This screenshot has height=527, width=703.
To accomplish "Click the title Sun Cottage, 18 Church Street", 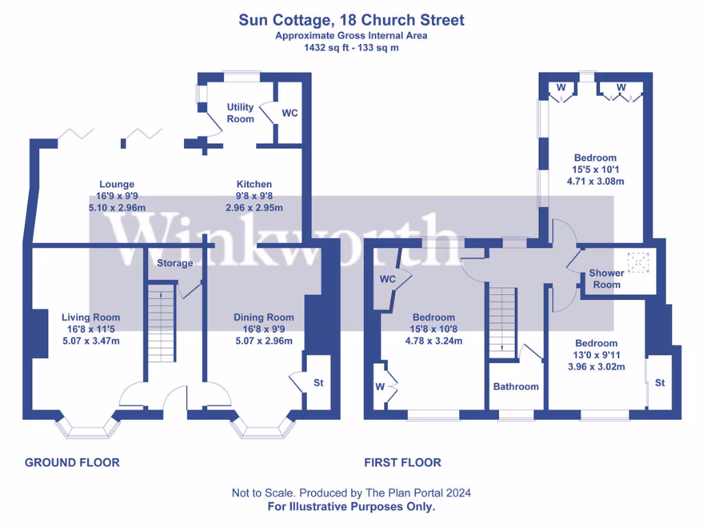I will (351, 20).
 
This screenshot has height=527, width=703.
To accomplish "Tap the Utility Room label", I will (240, 113).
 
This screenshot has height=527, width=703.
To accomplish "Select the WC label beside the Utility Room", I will (290, 113).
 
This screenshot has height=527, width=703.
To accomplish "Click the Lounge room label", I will (117, 184).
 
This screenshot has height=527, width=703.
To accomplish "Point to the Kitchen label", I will (254, 184).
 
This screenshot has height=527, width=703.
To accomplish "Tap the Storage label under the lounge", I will (175, 263).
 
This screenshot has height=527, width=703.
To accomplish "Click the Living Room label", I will (91, 317).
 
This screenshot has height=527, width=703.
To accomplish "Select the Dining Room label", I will (264, 317).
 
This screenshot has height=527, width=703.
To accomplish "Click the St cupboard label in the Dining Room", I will (319, 383).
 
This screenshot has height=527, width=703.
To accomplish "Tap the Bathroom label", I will (516, 386).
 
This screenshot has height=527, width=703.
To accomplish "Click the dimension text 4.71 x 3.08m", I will (595, 182).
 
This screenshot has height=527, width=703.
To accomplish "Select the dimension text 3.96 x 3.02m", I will (596, 367).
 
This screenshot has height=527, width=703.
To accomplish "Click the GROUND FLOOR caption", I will (72, 462).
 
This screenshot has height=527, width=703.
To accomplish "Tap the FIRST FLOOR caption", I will (402, 462).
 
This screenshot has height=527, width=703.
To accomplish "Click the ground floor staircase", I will (162, 323).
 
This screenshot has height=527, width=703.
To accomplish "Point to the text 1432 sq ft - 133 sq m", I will (351, 48).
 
